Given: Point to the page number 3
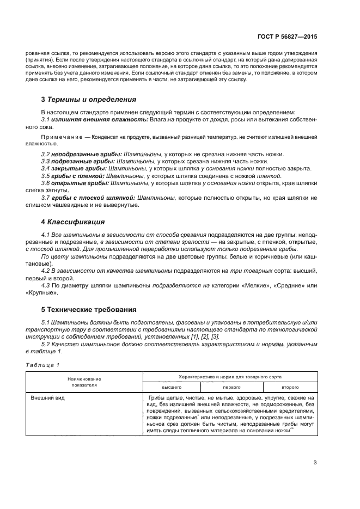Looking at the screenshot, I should tap(315, 463).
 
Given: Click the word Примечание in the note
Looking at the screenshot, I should tap(60, 138).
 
